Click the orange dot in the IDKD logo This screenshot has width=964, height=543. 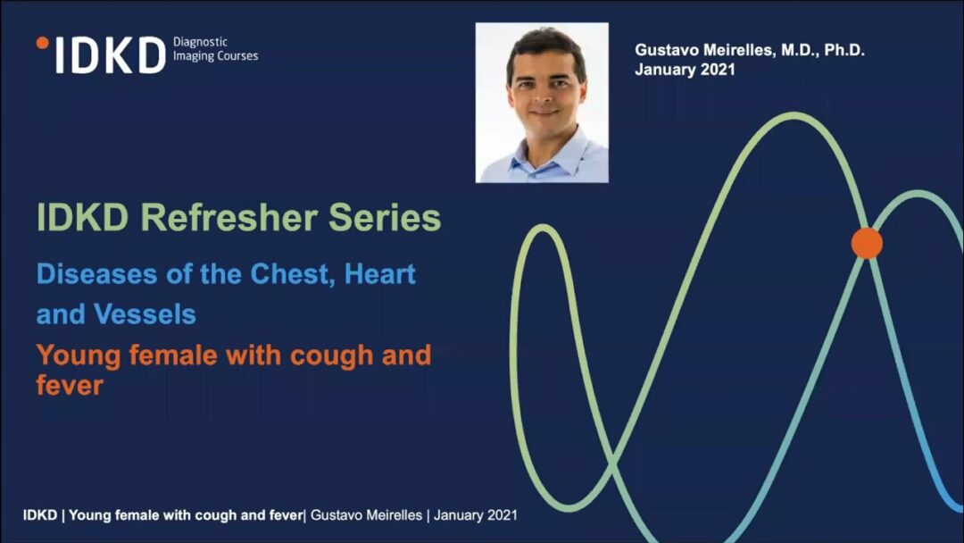tap(43, 43)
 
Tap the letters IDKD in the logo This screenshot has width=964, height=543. tap(111, 55)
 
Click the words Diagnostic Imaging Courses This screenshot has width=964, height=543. tap(215, 49)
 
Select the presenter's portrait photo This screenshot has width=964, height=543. tap(542, 103)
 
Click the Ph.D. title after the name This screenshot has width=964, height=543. tap(844, 50)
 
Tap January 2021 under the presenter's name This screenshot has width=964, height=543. tap(685, 69)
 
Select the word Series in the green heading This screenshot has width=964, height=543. tap(385, 218)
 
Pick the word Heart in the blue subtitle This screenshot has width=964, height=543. tap(380, 274)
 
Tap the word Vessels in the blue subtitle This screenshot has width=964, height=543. tap(145, 314)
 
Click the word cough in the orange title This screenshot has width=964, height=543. tap(331, 356)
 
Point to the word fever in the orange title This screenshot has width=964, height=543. tap(70, 386)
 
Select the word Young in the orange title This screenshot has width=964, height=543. tap(78, 356)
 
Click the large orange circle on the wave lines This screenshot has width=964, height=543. tap(867, 243)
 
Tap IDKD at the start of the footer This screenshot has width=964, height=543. tap(40, 514)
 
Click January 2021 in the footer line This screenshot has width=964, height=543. tap(475, 514)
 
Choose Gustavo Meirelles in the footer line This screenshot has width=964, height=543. tap(367, 514)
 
